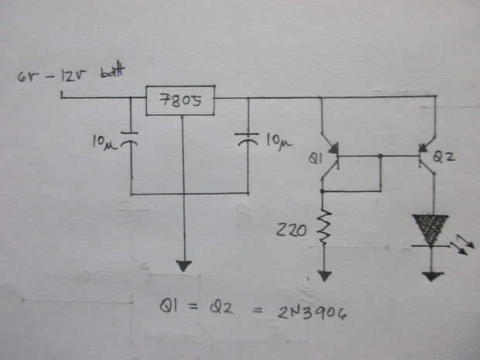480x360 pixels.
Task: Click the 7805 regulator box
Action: [x=180, y=101]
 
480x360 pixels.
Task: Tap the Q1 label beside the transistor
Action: [x=314, y=159]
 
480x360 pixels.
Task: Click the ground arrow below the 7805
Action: [x=183, y=266]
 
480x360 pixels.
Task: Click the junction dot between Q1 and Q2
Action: [x=382, y=156]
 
